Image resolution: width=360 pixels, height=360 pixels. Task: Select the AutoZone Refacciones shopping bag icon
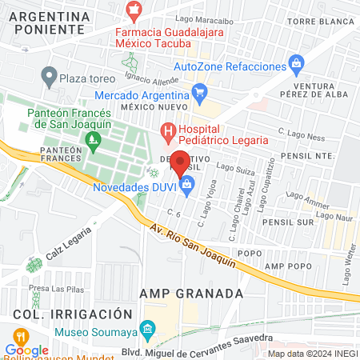297,62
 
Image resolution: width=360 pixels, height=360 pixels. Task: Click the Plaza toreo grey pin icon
48,78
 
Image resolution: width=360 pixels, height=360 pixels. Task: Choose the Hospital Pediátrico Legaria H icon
168,130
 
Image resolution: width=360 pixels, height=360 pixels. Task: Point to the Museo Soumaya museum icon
147,329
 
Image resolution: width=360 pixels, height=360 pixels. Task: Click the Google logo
27,350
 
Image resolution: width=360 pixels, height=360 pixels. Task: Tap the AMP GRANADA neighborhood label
190,294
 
